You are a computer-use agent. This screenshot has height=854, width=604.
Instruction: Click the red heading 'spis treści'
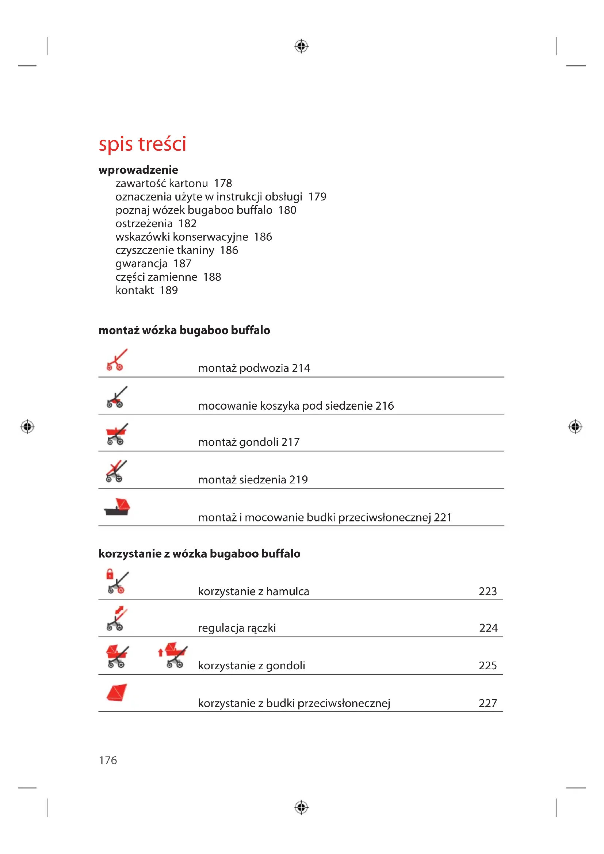[x=142, y=144]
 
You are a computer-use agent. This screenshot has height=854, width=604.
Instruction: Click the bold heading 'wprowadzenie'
[x=138, y=170]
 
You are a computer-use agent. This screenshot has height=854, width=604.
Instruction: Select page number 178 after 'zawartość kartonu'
[x=223, y=183]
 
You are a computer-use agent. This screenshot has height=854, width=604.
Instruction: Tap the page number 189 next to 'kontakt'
[x=168, y=290]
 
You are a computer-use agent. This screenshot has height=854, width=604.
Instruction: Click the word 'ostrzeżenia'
[x=144, y=223]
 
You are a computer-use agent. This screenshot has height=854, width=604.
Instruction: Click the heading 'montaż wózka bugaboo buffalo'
[x=184, y=330]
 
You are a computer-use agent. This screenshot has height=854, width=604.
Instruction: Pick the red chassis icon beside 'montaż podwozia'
[x=116, y=360]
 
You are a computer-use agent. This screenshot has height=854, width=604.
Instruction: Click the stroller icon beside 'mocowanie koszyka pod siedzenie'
[x=116, y=397]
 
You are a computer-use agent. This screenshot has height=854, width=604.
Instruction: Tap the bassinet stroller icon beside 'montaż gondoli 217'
[x=116, y=434]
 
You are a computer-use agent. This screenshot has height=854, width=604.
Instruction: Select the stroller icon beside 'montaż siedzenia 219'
[x=116, y=471]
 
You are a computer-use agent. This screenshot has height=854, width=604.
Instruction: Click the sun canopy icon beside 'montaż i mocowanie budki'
[x=117, y=507]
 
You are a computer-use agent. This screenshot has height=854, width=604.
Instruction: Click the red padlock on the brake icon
[x=110, y=574]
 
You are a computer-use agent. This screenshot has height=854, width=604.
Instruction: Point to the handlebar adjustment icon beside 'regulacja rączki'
[x=116, y=619]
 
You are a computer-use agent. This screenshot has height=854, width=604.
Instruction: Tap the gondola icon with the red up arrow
[x=173, y=655]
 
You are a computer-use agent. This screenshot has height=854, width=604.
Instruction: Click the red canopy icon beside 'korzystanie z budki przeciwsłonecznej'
[x=117, y=693]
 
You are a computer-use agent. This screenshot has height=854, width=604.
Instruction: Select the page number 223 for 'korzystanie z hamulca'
[x=488, y=591]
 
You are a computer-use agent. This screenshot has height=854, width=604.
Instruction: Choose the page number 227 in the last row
[x=488, y=703]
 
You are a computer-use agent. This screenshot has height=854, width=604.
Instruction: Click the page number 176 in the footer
[x=108, y=760]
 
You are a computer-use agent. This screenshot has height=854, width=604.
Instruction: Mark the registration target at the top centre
[x=301, y=46]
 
